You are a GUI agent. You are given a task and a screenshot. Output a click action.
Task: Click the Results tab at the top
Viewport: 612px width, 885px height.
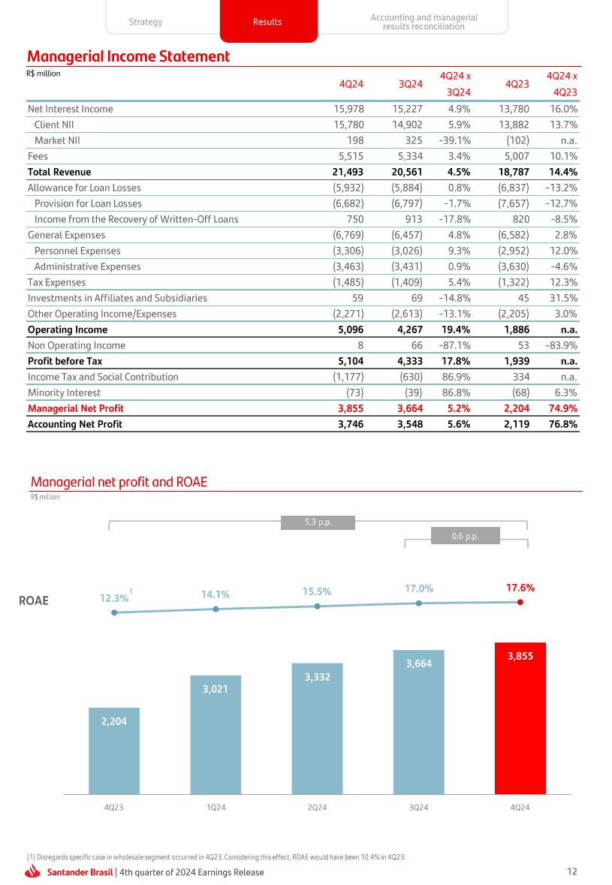coord(267,23)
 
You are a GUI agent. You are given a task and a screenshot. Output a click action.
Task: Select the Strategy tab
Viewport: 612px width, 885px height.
coord(146,23)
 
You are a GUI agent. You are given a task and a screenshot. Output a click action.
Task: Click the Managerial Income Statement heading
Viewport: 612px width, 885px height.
coord(128,56)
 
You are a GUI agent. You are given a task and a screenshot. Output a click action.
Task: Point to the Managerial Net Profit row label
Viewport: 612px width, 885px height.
coord(75,408)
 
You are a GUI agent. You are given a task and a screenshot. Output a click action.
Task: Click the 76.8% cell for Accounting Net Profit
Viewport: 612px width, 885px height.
coord(562,424)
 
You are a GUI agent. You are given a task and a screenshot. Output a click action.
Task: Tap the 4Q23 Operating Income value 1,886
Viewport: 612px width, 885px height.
coord(516,330)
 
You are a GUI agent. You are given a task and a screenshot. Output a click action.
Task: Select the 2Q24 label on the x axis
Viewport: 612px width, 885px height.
coord(318,808)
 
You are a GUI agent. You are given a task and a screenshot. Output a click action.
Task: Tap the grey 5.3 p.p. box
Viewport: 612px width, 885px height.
coord(317,522)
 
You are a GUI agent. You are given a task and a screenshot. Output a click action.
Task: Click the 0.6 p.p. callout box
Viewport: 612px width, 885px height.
coord(466,535)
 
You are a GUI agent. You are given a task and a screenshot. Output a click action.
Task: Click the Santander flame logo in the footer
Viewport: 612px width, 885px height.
coord(33,871)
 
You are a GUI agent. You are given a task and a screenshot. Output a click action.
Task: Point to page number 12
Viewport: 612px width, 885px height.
coord(572,871)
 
